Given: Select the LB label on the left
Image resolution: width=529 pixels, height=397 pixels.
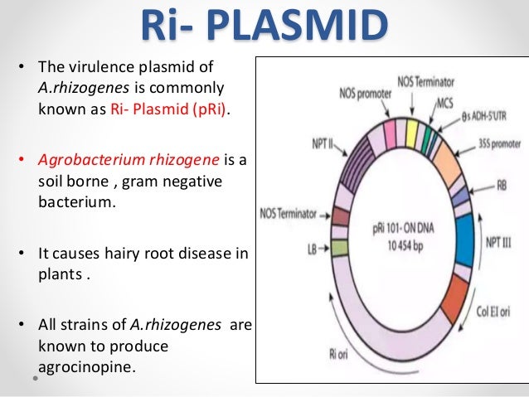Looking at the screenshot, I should point(313,248).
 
